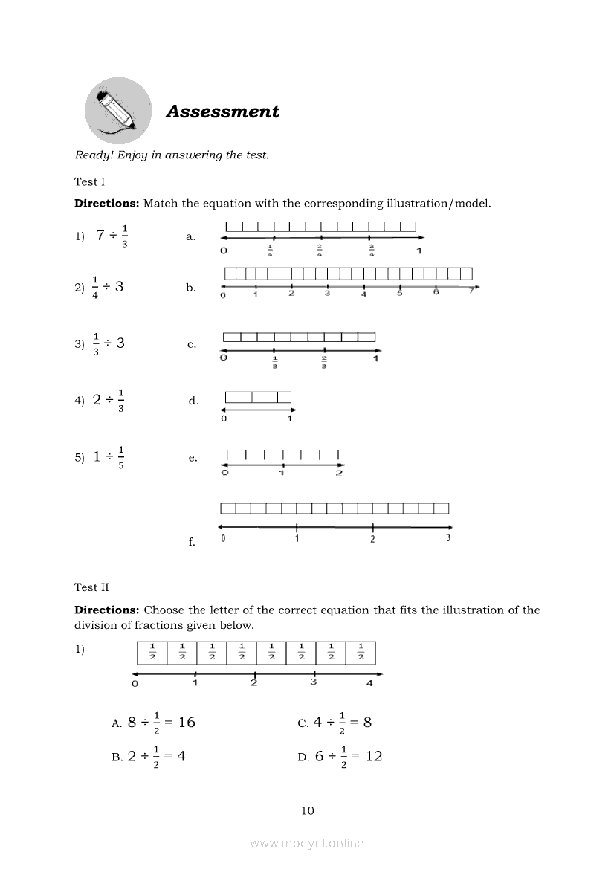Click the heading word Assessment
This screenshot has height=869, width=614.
(x=222, y=112)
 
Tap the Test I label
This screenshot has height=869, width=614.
(x=90, y=182)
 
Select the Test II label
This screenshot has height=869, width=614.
(x=91, y=587)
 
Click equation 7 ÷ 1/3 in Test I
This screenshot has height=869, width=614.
(x=112, y=236)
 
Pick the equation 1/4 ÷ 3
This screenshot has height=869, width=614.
(x=108, y=288)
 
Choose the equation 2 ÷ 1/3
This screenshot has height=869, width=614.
(x=109, y=400)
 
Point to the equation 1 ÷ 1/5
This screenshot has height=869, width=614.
(x=109, y=457)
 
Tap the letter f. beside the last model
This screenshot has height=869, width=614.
(x=192, y=543)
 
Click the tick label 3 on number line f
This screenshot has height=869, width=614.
(x=448, y=538)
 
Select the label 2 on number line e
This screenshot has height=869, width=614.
(x=339, y=473)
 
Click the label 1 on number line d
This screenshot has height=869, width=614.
(x=290, y=419)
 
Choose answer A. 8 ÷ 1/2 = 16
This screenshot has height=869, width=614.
(x=153, y=723)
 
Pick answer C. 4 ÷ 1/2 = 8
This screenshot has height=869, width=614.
(x=335, y=723)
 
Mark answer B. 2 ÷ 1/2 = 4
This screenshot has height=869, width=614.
(x=148, y=757)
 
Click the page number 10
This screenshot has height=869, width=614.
(x=308, y=810)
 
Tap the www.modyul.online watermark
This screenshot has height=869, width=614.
(x=307, y=843)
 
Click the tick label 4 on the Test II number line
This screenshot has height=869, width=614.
(x=369, y=683)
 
